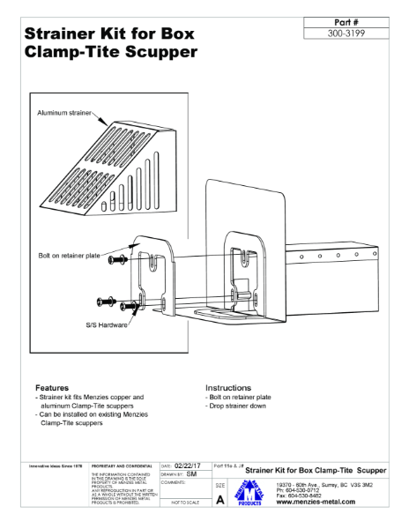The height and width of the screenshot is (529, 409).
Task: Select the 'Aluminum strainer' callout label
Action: tap(64, 114)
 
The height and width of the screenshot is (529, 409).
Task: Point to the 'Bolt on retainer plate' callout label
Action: tap(70, 256)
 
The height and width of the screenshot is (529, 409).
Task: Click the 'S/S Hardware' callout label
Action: tap(106, 324)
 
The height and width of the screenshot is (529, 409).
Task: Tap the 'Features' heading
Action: tap(53, 388)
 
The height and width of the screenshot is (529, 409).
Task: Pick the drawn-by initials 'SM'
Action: tap(192, 474)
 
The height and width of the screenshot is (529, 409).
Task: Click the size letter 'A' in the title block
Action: tap(219, 500)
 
